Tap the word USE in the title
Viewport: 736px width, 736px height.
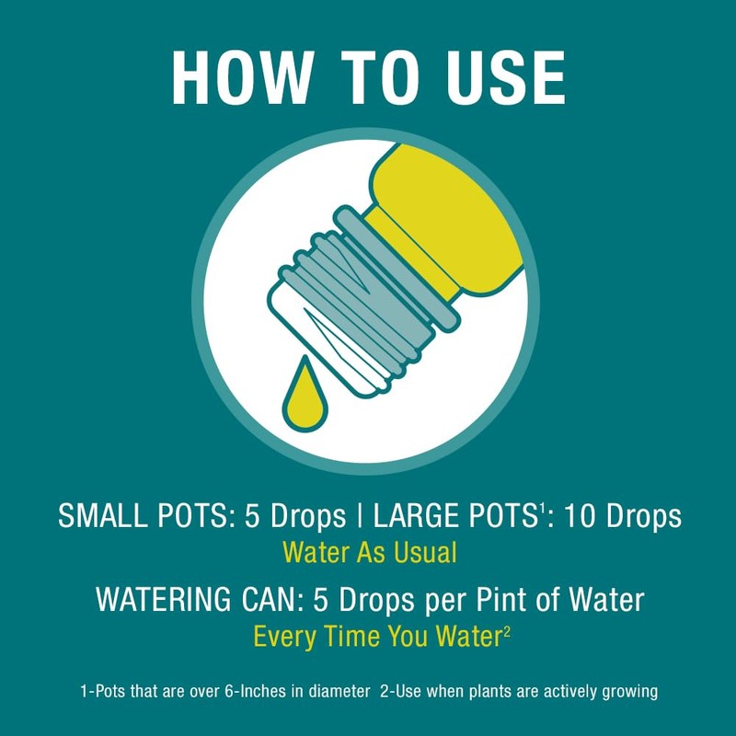click(506, 77)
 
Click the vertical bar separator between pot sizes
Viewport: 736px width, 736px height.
click(360, 516)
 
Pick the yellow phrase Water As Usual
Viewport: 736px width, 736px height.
click(370, 553)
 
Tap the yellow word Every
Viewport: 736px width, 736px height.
click(285, 637)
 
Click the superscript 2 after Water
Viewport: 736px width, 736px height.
click(507, 631)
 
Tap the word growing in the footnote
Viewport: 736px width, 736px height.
click(630, 693)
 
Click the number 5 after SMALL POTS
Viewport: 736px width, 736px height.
click(252, 516)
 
